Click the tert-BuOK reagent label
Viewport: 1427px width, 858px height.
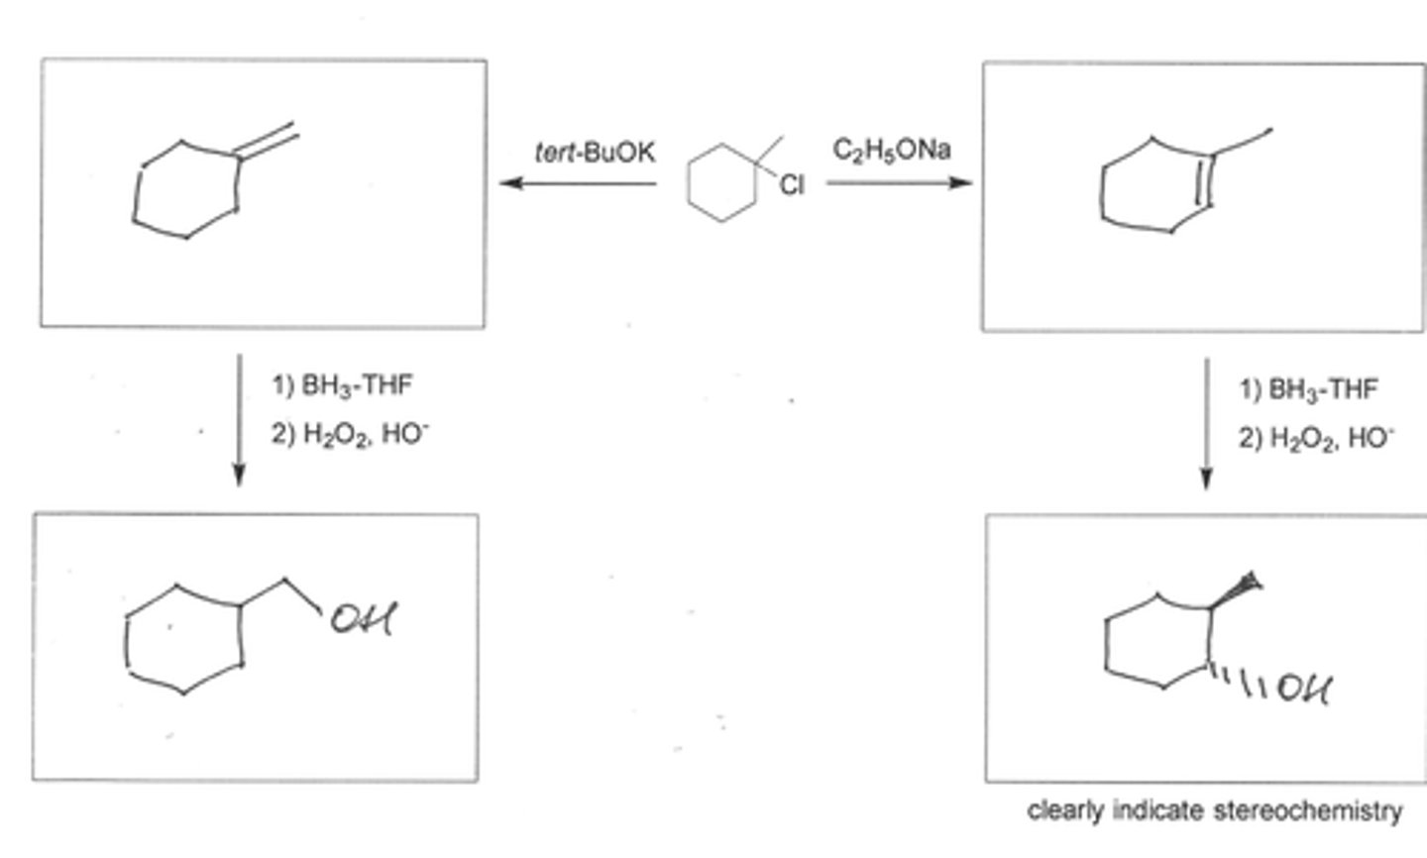[x=595, y=153]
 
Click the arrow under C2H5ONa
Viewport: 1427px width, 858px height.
[x=898, y=183]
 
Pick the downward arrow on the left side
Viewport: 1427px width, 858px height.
[x=238, y=420]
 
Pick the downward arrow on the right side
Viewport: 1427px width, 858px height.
[x=1206, y=423]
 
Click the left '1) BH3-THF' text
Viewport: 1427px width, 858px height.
[x=342, y=384]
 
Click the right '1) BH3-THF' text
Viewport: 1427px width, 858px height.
[x=1308, y=389]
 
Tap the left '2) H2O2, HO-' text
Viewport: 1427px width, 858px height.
[x=352, y=434]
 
